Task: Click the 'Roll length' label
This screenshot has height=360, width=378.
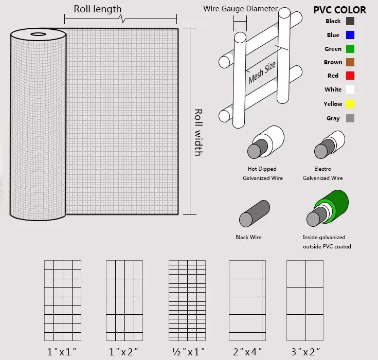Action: coord(98,9)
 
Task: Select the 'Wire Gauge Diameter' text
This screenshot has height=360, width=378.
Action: coord(240,9)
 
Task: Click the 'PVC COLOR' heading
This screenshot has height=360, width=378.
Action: coord(339,10)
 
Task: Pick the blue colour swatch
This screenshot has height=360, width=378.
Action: coord(350,35)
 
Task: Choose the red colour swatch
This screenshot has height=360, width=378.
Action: coord(350,76)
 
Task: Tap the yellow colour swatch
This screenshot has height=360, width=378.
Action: coord(350,104)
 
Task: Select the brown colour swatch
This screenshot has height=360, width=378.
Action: coord(350,62)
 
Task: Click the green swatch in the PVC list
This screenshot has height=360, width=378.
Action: coord(350,49)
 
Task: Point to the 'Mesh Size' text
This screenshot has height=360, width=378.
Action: coord(262,73)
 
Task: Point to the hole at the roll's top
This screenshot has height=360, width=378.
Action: coord(38,34)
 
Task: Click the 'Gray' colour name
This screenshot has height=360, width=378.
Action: coord(333,118)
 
